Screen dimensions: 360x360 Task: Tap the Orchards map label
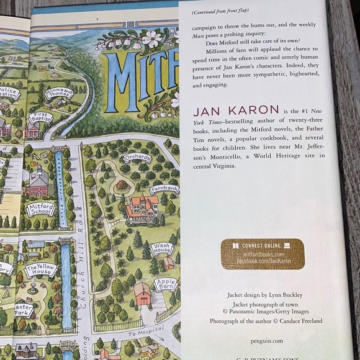[137, 158]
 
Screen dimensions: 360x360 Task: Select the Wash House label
[162, 249]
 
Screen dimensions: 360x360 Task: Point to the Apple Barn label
[166, 285]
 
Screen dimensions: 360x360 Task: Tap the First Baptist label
[40, 117]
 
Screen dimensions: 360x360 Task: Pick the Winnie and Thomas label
[58, 94]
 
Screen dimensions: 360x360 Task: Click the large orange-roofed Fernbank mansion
[142, 208]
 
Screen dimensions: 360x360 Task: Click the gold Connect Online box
[263, 254]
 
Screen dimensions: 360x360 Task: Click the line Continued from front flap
[222, 12]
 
